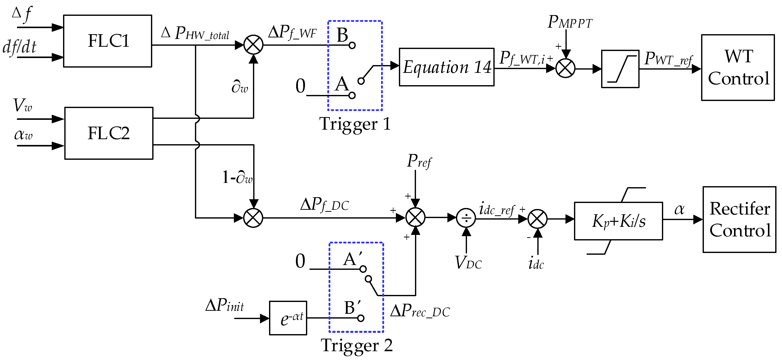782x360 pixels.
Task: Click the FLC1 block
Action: [x=108, y=41]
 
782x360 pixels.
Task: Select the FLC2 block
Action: [x=109, y=133]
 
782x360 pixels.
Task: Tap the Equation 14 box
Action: [x=446, y=67]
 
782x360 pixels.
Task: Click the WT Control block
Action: [x=738, y=67]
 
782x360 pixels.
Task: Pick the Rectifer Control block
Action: [x=739, y=220]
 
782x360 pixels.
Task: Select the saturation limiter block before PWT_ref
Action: [x=620, y=69]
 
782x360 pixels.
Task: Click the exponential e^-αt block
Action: [x=288, y=318]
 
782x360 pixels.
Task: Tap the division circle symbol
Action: [x=466, y=218]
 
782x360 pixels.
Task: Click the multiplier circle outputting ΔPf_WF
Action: [x=253, y=45]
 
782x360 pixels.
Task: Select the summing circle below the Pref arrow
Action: [x=415, y=218]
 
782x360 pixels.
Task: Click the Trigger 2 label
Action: [x=356, y=345]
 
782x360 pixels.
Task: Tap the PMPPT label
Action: [x=569, y=22]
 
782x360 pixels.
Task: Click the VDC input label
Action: [x=468, y=263]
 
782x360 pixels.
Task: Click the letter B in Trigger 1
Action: [x=342, y=35]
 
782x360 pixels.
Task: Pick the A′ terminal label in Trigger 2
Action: [x=352, y=259]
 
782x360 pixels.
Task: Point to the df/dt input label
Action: [x=19, y=47]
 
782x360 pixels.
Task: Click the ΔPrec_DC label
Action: [x=420, y=311]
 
